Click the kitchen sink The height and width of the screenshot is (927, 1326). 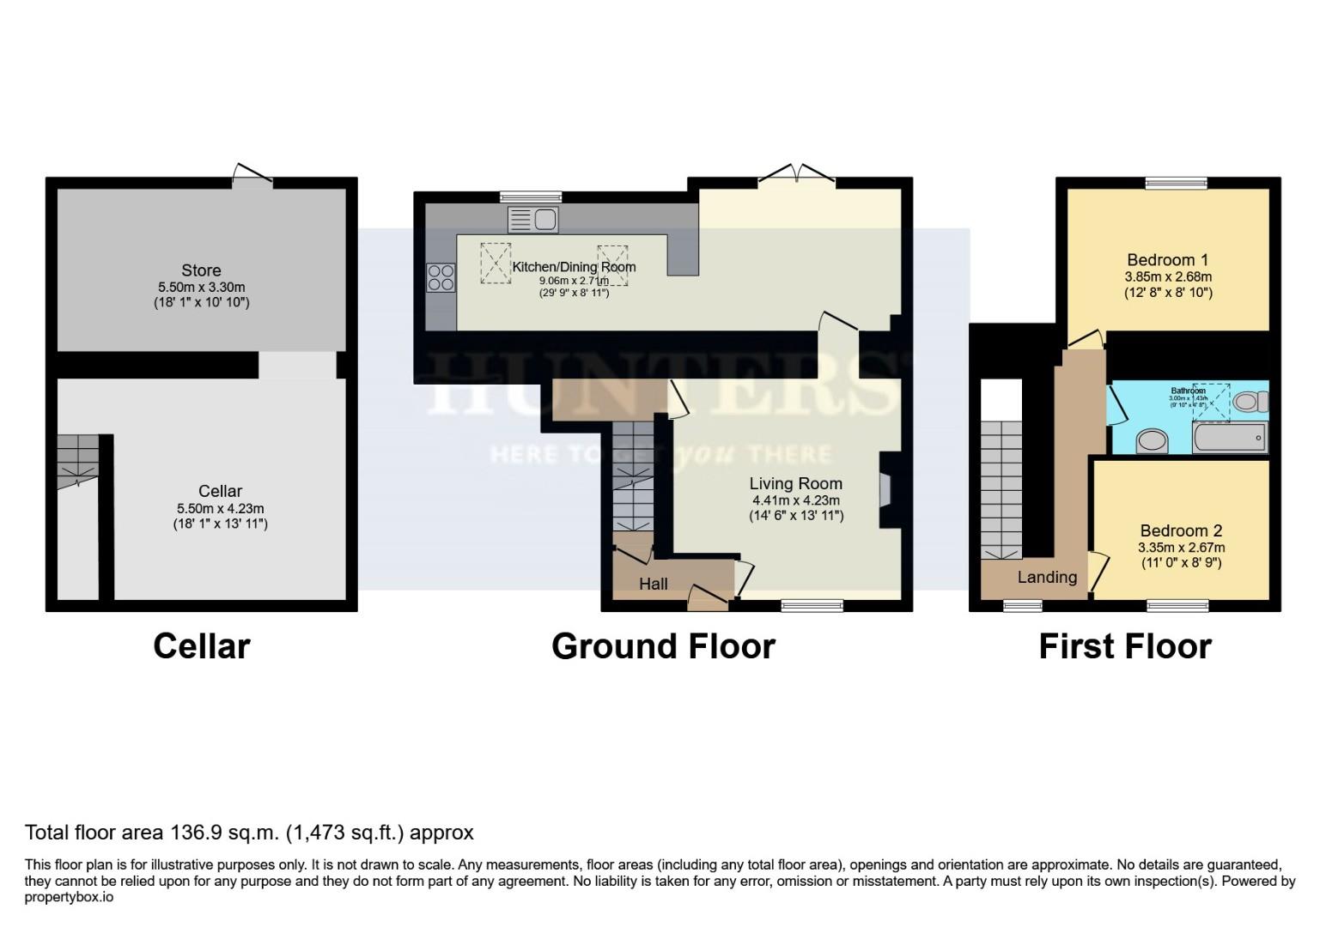tap(533, 220)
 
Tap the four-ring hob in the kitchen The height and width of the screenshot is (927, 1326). tap(441, 277)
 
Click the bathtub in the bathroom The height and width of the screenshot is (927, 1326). tap(1229, 439)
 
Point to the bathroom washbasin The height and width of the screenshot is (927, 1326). tap(1152, 441)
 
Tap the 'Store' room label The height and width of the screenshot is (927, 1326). tap(201, 270)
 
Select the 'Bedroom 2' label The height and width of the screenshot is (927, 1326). tap(1181, 530)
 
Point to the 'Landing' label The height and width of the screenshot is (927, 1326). tap(1047, 577)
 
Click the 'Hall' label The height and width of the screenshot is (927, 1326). tap(654, 584)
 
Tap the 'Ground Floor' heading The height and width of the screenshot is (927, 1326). tap(663, 646)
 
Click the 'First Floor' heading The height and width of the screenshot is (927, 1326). tap(1125, 646)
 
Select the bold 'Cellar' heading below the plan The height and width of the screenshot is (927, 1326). tap(201, 646)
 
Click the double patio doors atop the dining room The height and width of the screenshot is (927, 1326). tap(797, 176)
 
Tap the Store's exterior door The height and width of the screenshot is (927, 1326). tap(252, 177)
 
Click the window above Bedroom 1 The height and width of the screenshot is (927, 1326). tap(1176, 182)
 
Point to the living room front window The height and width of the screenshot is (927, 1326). tap(812, 606)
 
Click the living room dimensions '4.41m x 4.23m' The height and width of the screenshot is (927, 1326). tap(796, 500)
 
